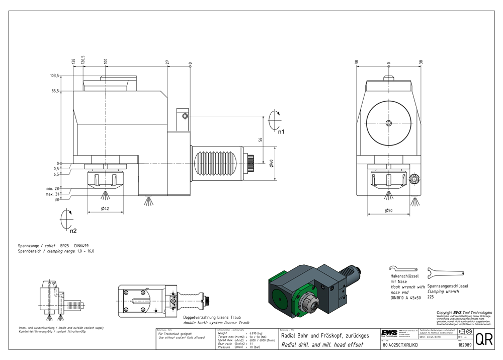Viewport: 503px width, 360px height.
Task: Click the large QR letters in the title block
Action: [484, 339]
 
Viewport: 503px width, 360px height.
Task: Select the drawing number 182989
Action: [464, 345]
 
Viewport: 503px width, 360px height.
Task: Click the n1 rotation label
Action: [282, 131]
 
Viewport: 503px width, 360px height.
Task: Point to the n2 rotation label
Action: [73, 231]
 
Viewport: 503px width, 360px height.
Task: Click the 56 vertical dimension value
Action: [260, 140]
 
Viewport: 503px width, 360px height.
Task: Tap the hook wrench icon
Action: [403, 269]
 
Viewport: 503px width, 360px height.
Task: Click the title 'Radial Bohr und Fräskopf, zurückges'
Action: [325, 335]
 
